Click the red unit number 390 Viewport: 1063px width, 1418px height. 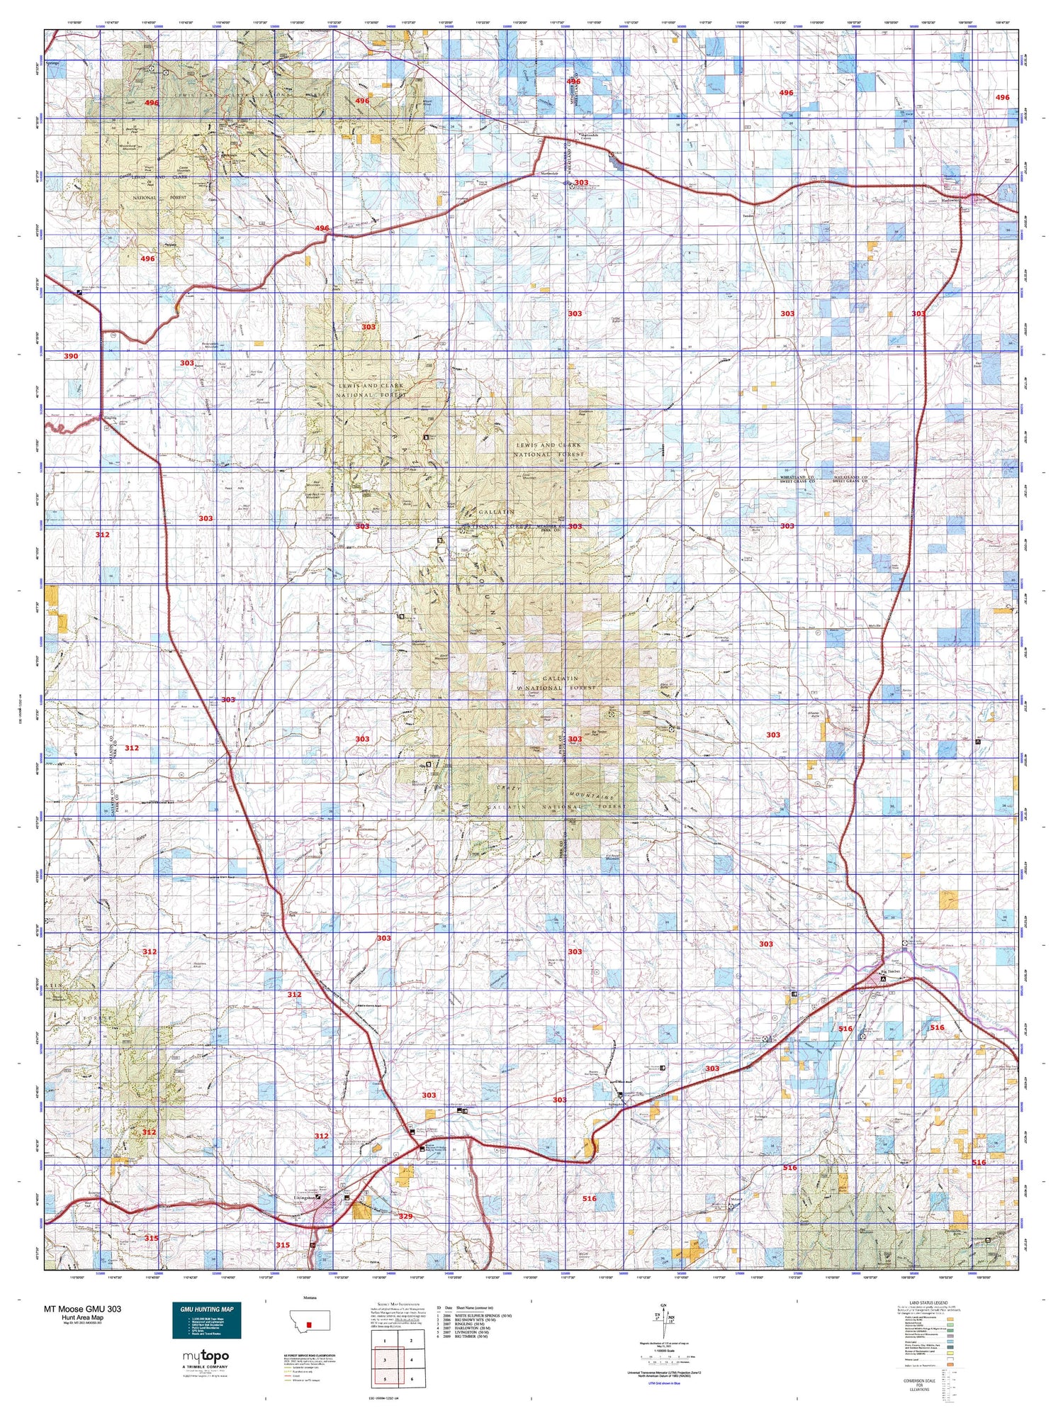71,356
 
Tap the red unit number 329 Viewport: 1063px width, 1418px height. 405,1216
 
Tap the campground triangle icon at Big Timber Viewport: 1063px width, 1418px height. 882,978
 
